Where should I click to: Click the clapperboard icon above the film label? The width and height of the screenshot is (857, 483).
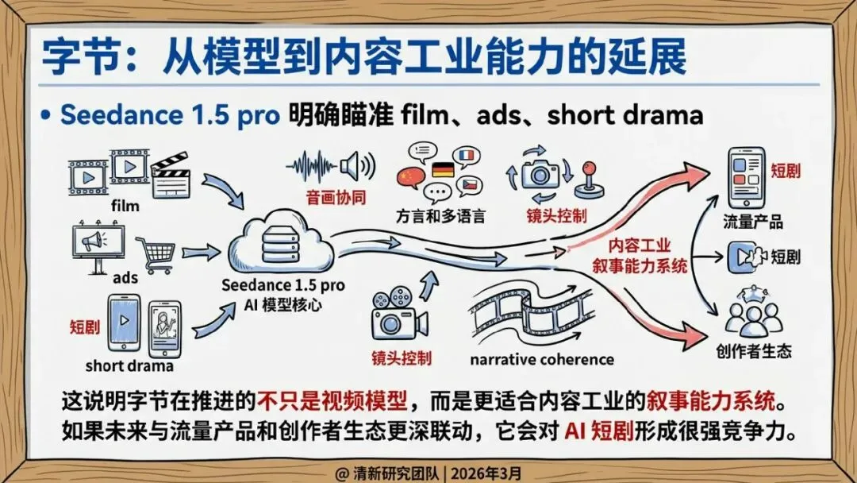coord(171,175)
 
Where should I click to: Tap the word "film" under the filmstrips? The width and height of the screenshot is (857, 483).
coord(125,206)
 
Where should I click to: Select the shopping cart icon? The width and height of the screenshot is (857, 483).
coord(156,255)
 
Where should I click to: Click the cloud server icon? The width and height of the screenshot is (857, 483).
coord(280,243)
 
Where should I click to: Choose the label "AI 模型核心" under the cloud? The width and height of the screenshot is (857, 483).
coord(283,304)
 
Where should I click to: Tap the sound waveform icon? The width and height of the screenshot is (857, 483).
coord(312,166)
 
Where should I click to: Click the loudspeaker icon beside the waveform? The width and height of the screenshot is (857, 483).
coord(358,166)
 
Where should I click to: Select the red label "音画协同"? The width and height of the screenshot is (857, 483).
coord(336,198)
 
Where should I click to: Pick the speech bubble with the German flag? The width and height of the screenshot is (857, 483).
coord(444,170)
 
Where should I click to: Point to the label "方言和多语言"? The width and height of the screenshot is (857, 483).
coord(440,216)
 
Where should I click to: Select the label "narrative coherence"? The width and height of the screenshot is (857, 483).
coord(542,359)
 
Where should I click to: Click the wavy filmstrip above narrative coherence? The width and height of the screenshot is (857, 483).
coord(531,315)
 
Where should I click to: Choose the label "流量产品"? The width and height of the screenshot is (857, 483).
coord(753,222)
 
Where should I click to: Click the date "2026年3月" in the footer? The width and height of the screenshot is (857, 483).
coord(486,473)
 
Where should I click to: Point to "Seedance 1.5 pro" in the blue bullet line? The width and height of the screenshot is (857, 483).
coord(170,115)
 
